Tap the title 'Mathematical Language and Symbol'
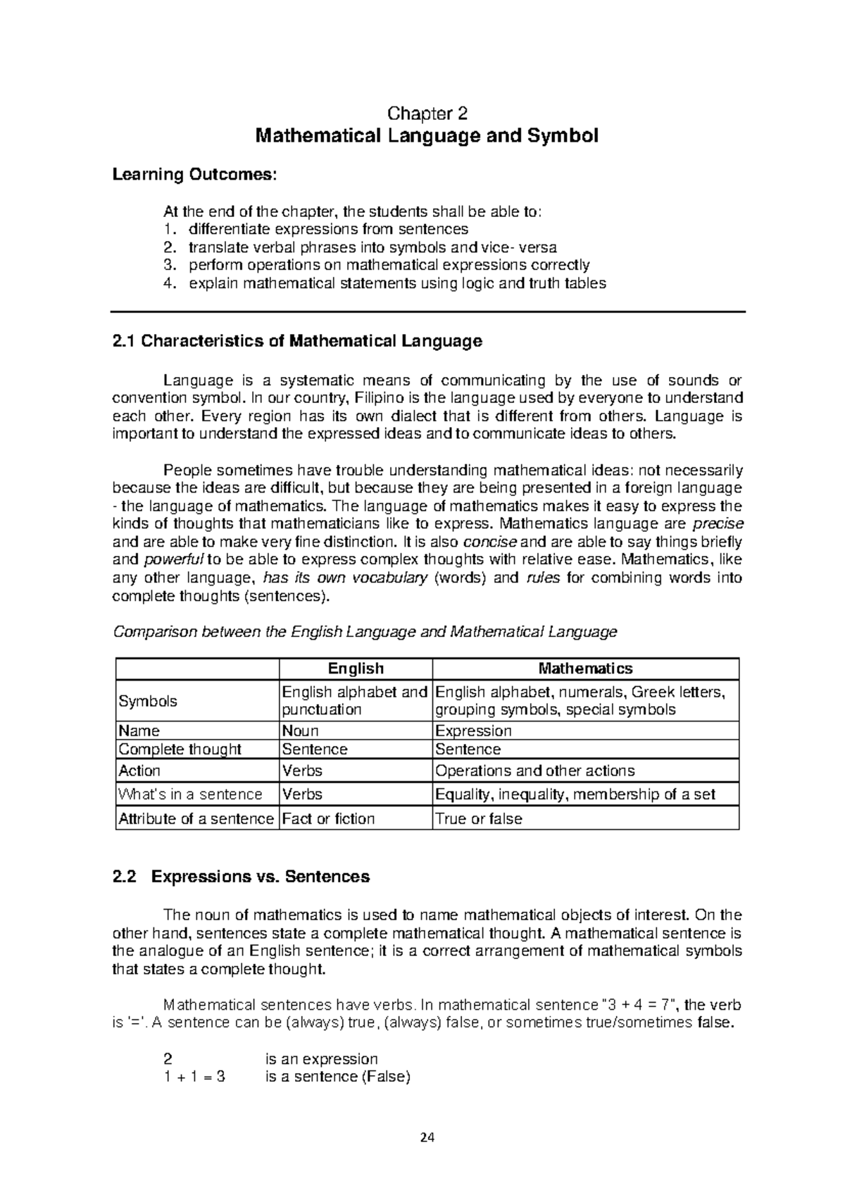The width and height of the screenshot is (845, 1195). click(427, 136)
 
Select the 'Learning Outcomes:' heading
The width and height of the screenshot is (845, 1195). click(195, 174)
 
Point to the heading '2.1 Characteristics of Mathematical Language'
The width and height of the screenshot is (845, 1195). click(297, 342)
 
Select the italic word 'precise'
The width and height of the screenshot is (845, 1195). click(718, 524)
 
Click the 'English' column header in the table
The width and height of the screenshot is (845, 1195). click(356, 669)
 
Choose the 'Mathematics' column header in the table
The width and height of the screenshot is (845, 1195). click(585, 669)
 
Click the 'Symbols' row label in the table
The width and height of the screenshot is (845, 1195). click(148, 701)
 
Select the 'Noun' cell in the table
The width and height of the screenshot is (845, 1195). click(300, 731)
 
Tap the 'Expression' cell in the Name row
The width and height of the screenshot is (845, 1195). click(473, 731)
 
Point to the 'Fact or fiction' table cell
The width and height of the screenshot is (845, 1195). click(328, 819)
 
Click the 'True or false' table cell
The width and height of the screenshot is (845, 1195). click(479, 819)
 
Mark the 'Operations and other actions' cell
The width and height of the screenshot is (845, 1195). click(535, 771)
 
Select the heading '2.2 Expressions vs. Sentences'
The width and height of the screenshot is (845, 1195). click(241, 877)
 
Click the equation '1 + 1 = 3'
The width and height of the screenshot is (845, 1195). click(194, 1077)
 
